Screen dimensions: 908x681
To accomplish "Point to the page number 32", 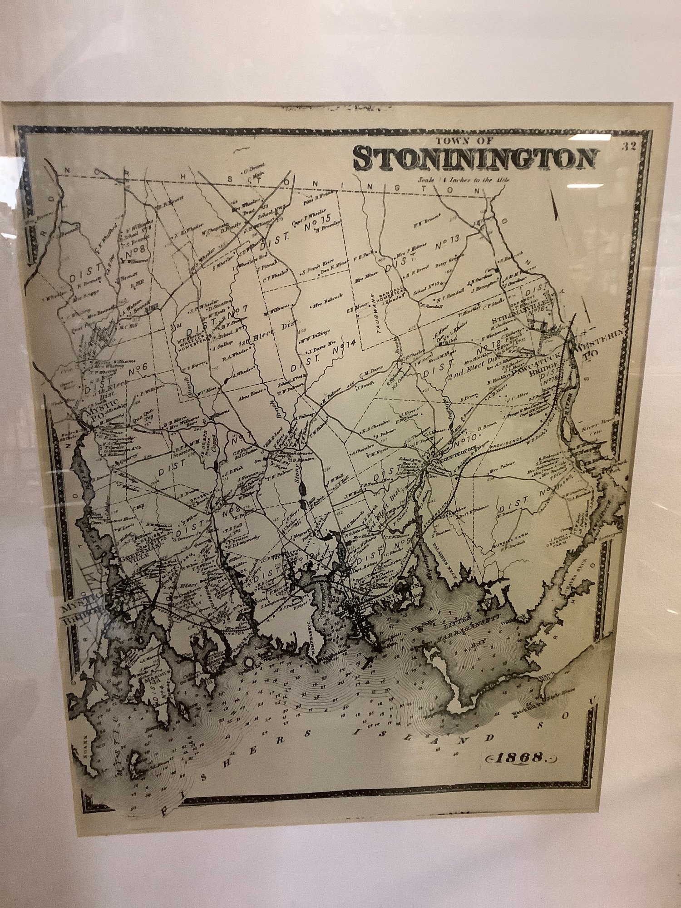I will pyautogui.click(x=630, y=146).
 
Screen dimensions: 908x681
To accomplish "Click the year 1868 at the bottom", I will pyautogui.click(x=521, y=757).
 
